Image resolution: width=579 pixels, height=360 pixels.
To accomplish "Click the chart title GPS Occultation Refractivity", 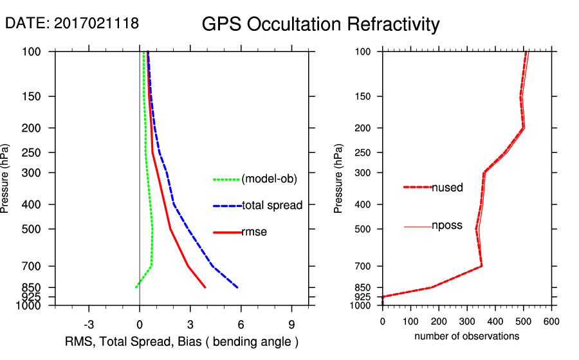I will point(320,24).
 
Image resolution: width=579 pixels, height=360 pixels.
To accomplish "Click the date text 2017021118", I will point(96,24).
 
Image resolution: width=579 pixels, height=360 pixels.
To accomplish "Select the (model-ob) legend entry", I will point(269,179).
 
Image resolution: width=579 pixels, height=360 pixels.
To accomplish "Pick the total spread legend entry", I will point(272,206).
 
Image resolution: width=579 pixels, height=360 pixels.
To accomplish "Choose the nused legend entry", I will point(447,187).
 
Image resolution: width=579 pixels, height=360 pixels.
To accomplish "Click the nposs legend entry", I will point(447,226).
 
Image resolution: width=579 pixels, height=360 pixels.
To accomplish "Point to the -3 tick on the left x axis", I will point(89,324).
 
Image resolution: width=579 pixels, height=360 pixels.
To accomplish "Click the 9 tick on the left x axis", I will point(292,324).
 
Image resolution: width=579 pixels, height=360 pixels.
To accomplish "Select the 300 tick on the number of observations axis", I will point(467,321).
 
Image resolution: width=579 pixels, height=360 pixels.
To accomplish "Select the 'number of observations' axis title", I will point(466,336).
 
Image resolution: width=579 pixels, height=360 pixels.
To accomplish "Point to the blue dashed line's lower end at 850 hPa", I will point(237,287).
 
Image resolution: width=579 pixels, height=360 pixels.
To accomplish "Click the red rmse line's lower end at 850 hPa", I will point(205,287).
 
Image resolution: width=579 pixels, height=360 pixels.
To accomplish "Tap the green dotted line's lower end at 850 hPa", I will point(136,287).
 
